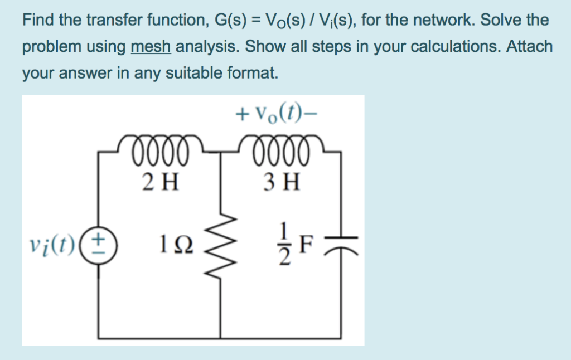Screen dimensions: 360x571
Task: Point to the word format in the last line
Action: click(249, 72)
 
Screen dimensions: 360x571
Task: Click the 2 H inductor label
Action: click(161, 182)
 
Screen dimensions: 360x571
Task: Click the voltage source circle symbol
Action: click(100, 244)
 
